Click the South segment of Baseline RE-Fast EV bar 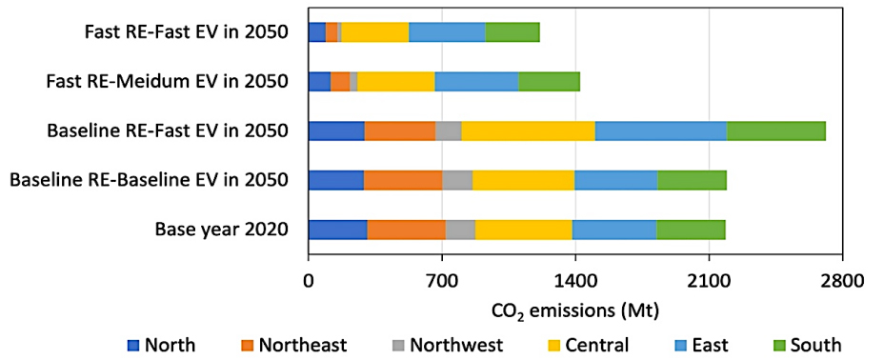775,130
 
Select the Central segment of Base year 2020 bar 523,230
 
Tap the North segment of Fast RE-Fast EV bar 316,31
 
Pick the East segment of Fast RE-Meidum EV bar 476,81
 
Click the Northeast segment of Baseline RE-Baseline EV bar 402,180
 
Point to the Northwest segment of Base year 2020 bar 460,230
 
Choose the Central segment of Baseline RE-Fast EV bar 528,130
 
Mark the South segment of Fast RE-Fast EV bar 512,31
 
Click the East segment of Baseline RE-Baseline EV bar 615,180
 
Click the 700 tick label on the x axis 441,283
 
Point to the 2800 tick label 840,283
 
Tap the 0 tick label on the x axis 308,283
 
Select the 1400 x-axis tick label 573,283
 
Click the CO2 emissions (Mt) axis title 574,310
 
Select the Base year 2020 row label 220,230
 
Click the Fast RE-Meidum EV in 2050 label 167,81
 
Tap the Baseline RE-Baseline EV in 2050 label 148,180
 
